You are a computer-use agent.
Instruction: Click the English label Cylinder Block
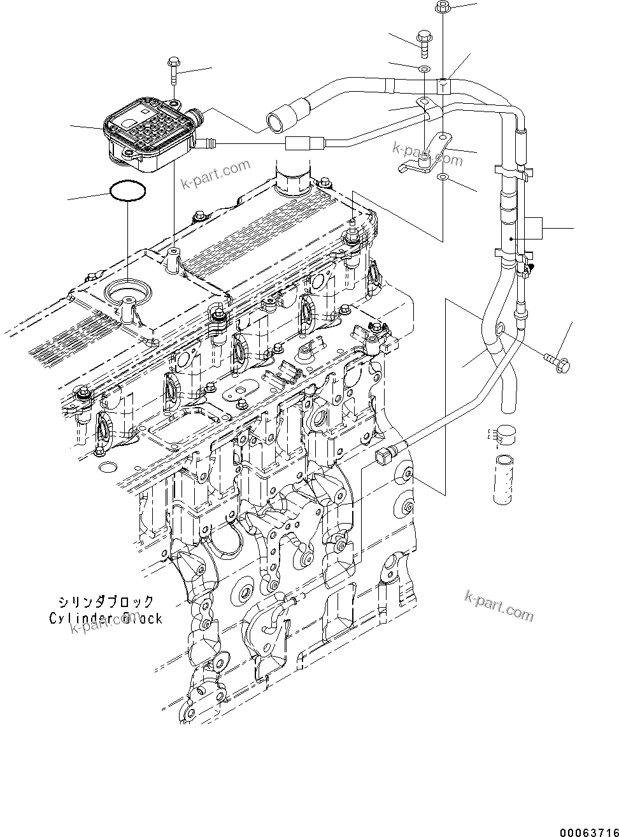pos(106,618)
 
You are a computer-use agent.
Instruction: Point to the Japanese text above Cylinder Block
pos(106,601)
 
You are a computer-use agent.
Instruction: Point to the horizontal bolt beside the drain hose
pos(557,362)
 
